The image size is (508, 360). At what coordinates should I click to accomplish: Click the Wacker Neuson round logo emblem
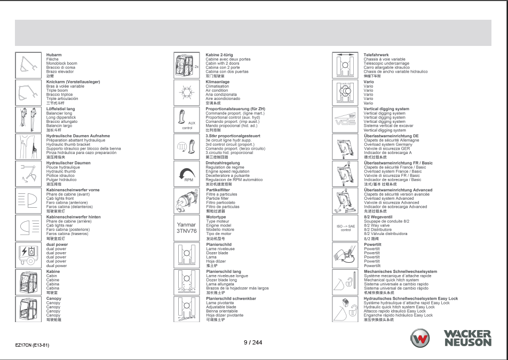tap(420, 338)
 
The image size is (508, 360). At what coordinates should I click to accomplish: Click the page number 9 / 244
tap(253, 342)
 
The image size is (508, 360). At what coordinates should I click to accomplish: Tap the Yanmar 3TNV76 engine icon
tap(187, 228)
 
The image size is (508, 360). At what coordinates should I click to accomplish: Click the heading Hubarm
tap(53, 55)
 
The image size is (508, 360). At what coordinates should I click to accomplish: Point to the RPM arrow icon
tap(187, 174)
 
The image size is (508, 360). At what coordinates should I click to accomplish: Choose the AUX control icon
tap(187, 120)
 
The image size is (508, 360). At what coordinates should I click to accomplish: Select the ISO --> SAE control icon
tap(345, 228)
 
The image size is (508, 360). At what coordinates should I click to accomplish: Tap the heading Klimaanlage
tap(218, 82)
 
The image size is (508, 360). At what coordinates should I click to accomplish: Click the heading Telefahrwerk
tap(376, 55)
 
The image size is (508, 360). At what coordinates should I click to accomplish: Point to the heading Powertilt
tap(372, 244)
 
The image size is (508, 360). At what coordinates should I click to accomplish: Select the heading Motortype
tap(217, 217)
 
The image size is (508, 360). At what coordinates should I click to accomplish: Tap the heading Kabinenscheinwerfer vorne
tap(72, 190)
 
